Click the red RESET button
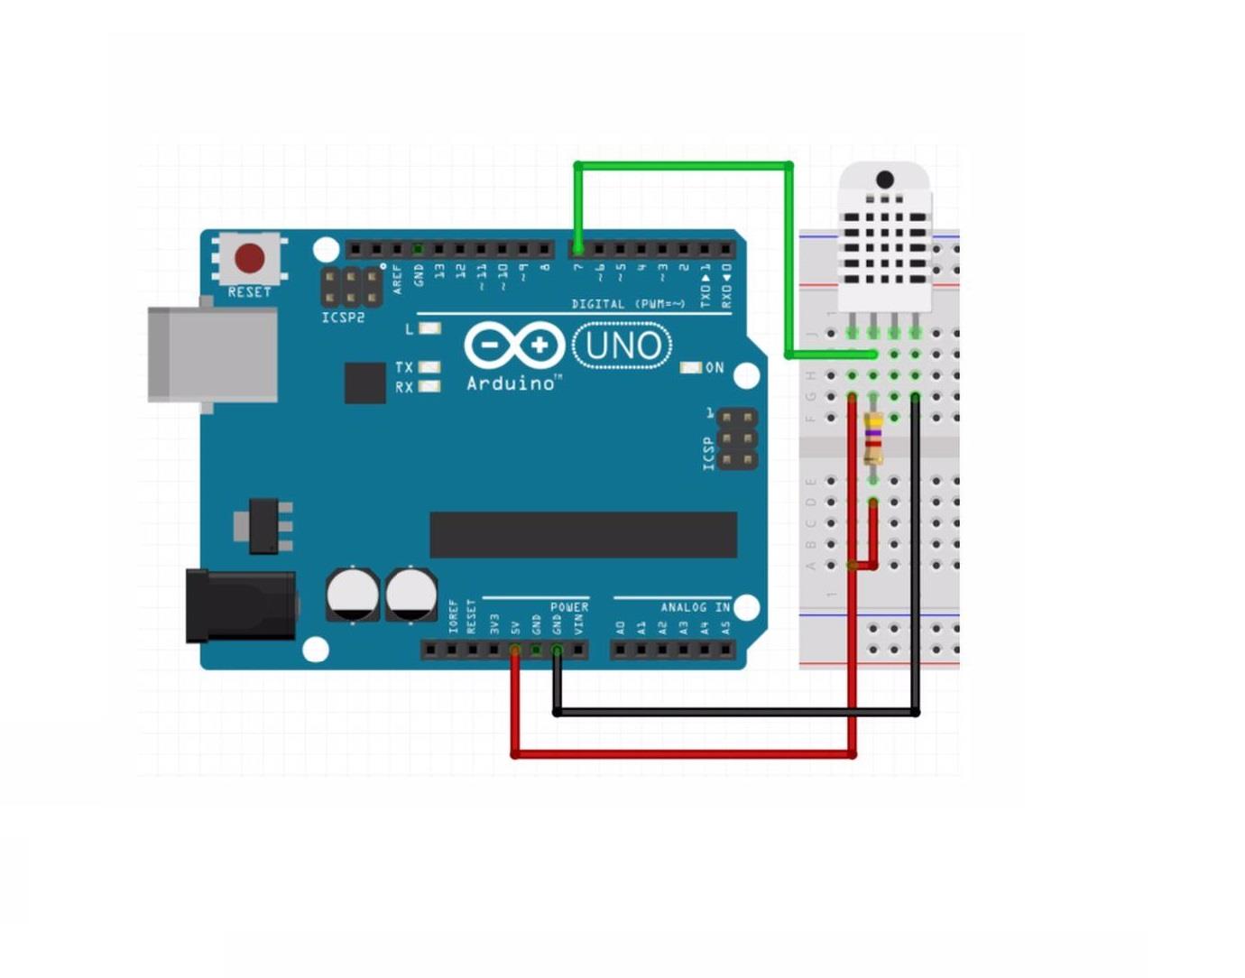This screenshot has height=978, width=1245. pyautogui.click(x=250, y=258)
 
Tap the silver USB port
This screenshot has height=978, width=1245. pyautogui.click(x=213, y=354)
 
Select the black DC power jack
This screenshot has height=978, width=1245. pyautogui.click(x=240, y=605)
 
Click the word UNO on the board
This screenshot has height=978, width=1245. pyautogui.click(x=622, y=346)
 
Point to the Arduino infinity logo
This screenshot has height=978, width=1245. pyautogui.click(x=514, y=346)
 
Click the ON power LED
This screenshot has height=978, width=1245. pyautogui.click(x=691, y=367)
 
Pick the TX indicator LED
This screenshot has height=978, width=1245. pyautogui.click(x=429, y=367)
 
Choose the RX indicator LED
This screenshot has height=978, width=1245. pyautogui.click(x=429, y=386)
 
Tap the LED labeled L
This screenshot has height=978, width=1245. pyautogui.click(x=429, y=328)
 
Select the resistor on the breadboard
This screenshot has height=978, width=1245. pyautogui.click(x=873, y=438)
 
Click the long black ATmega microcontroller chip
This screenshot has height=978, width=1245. pyautogui.click(x=583, y=535)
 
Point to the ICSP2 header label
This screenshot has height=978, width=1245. pyautogui.click(x=343, y=318)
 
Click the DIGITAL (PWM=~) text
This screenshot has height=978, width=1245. pyautogui.click(x=628, y=304)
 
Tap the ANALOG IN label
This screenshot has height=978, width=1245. pyautogui.click(x=695, y=607)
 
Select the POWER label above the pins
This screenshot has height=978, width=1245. pyautogui.click(x=569, y=607)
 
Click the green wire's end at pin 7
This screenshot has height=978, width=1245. pyautogui.click(x=577, y=248)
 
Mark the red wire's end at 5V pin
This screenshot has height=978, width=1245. pyautogui.click(x=515, y=650)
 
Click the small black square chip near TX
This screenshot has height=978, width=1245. pyautogui.click(x=364, y=383)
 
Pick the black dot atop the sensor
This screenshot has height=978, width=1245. pyautogui.click(x=885, y=180)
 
